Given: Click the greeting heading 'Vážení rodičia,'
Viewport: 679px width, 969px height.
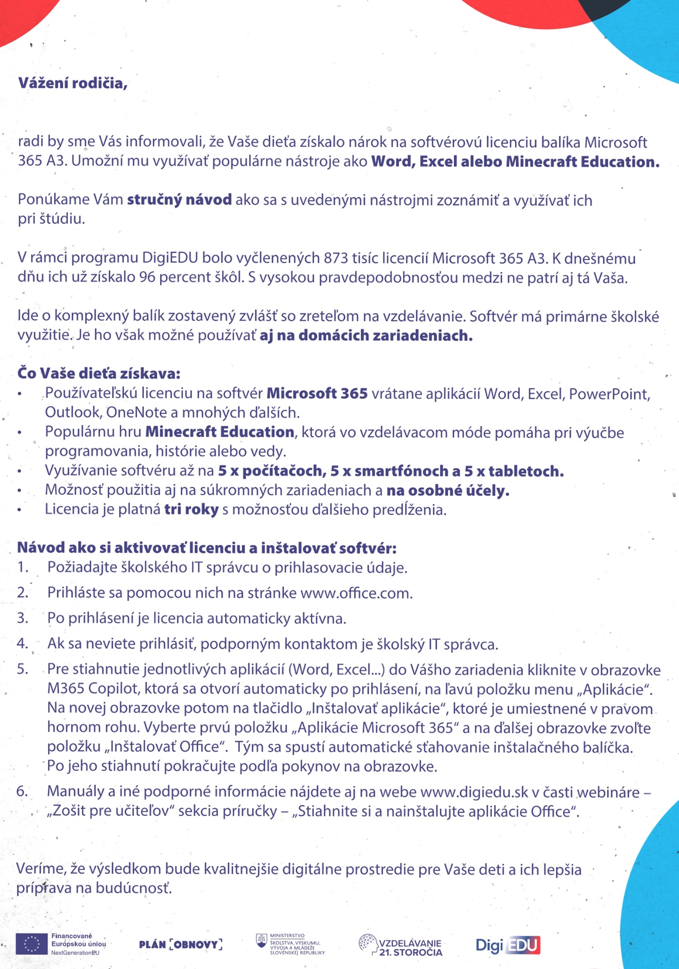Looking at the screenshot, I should point(73,83).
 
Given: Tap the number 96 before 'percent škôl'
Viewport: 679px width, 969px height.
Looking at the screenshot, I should point(147,277).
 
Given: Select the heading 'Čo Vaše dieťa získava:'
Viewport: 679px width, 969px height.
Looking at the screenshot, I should point(99,373).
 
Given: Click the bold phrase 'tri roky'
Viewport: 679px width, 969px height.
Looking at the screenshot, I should point(191,509).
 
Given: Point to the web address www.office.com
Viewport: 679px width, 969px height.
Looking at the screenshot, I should point(356,593).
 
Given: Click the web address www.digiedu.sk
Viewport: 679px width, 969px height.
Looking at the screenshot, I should point(474,792).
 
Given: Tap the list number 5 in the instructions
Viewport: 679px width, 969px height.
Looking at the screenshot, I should point(22,669).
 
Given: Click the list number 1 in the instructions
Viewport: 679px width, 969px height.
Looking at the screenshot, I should point(22,567).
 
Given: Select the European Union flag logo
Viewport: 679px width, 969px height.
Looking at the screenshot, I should point(32,944).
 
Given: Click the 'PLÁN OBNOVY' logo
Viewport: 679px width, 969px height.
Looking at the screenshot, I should point(180,944).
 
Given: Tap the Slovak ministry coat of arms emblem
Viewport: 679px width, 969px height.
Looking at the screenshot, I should point(261,941).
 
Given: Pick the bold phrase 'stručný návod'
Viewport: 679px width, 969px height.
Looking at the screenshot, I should point(179,200).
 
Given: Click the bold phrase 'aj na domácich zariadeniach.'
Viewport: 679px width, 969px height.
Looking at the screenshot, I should point(366,335).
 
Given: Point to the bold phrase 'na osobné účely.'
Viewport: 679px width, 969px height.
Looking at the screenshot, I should point(448,491).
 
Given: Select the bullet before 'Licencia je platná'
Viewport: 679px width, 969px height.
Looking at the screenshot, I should point(19,510).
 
